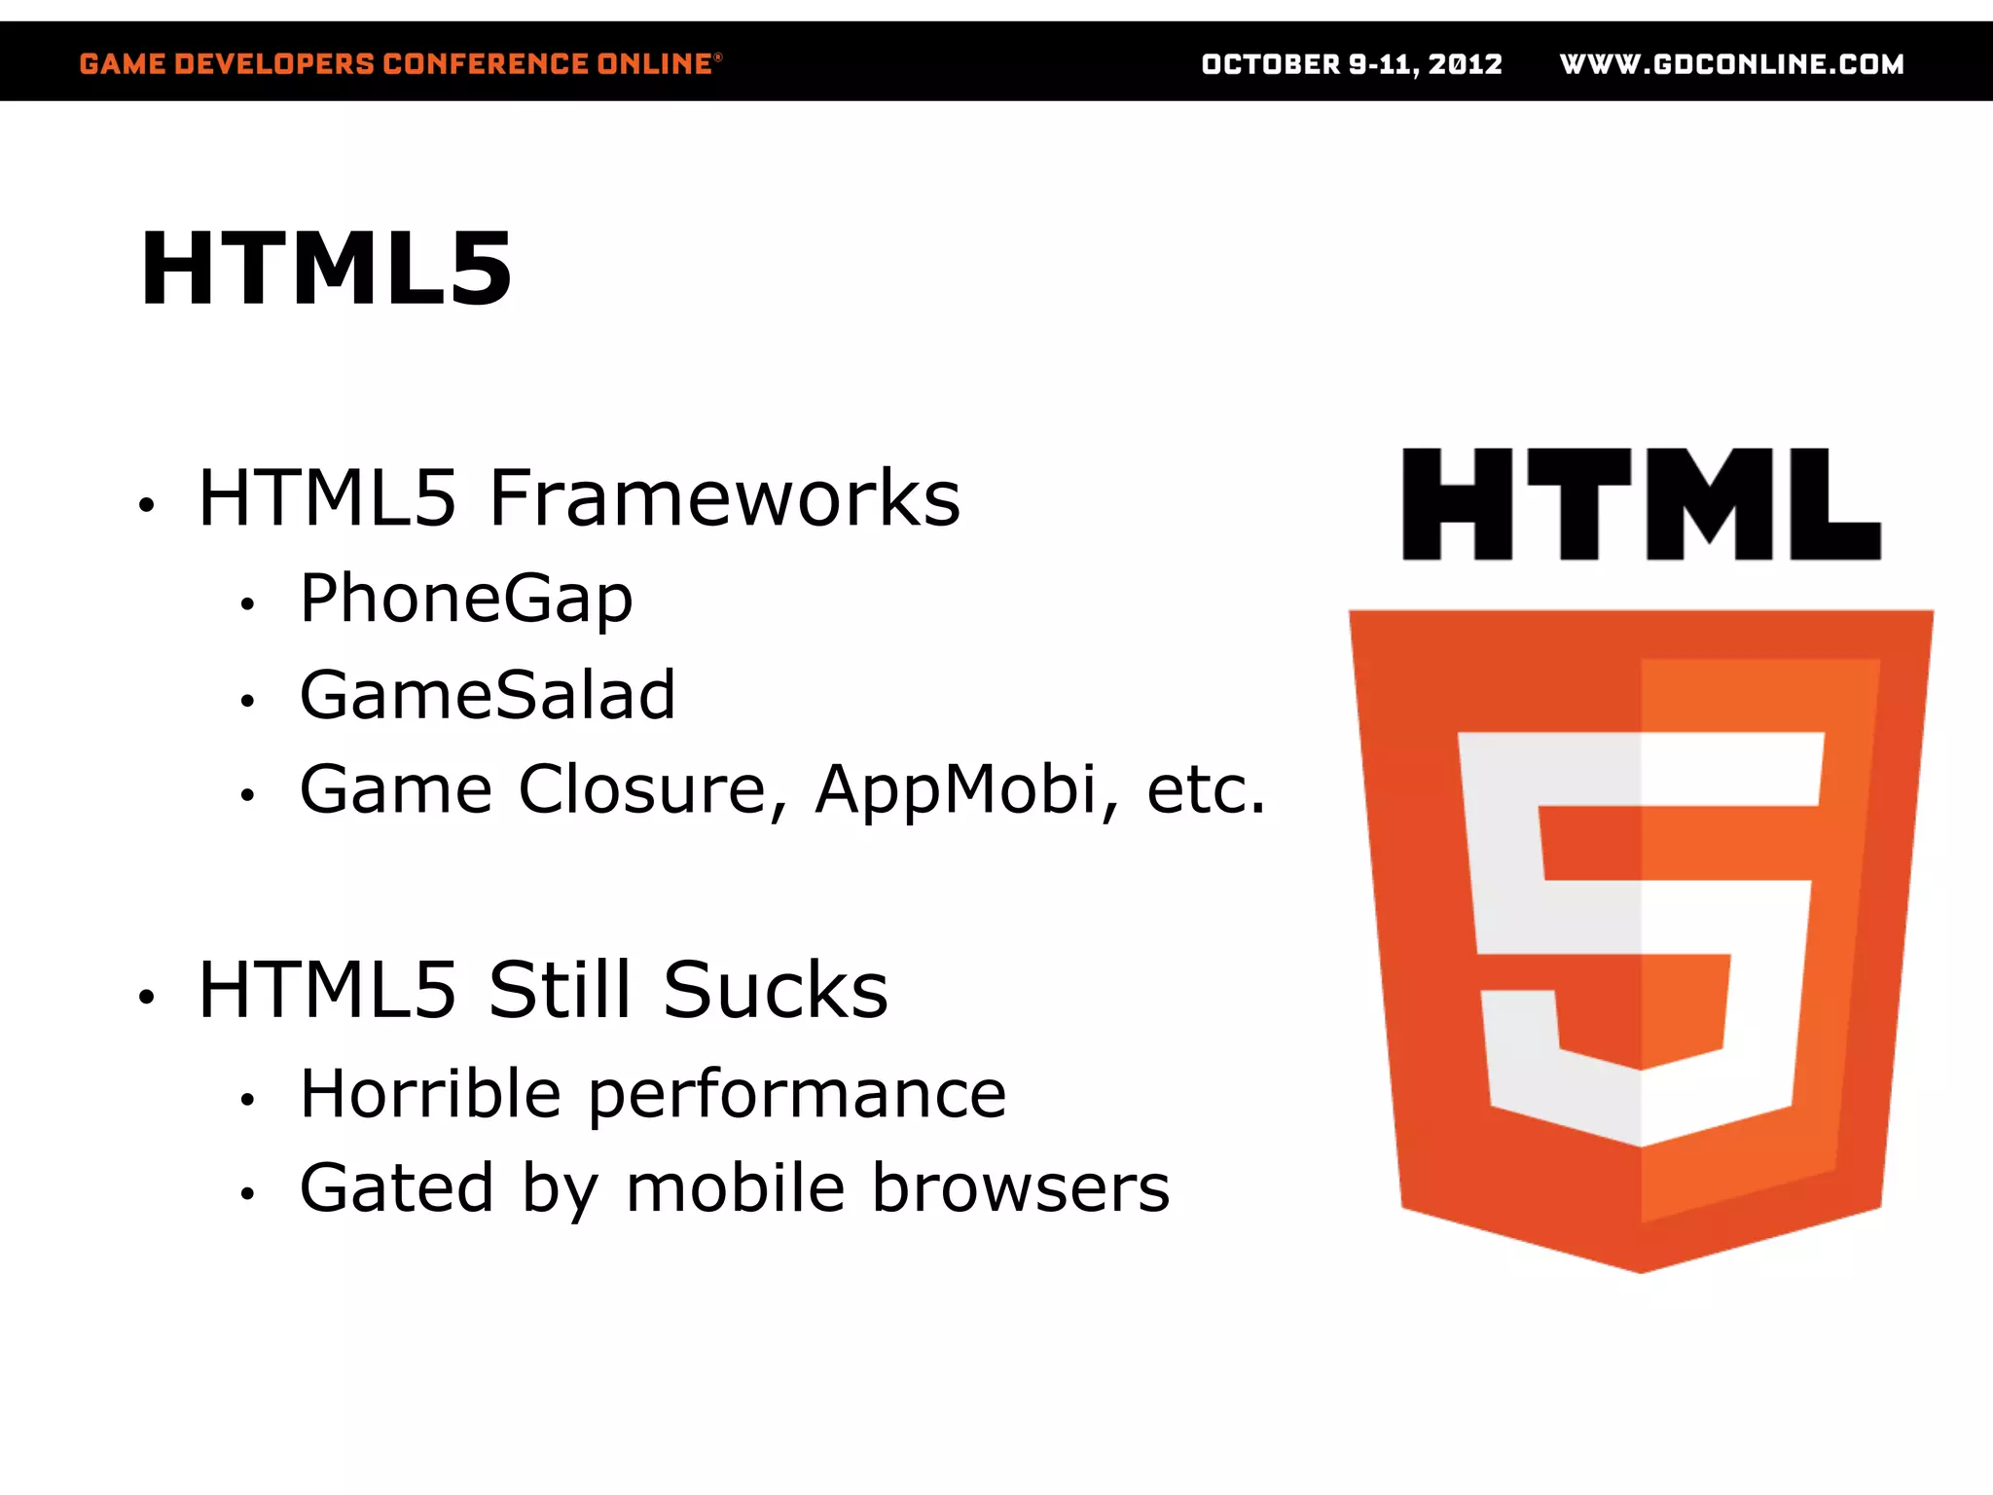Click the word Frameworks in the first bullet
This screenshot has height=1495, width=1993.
click(x=724, y=498)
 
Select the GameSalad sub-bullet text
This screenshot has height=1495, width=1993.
click(x=487, y=695)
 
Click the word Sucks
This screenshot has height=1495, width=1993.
click(x=775, y=990)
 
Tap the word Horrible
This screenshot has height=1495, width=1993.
click(x=430, y=1094)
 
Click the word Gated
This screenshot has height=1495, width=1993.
click(x=397, y=1187)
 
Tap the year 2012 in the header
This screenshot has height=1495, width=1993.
click(x=1465, y=64)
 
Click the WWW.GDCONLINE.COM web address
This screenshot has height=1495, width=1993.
click(x=1731, y=64)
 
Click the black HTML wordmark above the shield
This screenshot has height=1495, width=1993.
click(x=1641, y=504)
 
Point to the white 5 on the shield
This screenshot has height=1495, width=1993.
click(x=1641, y=934)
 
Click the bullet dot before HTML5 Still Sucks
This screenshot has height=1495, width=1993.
click(x=147, y=996)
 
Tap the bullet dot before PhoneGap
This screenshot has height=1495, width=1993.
click(x=248, y=604)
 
